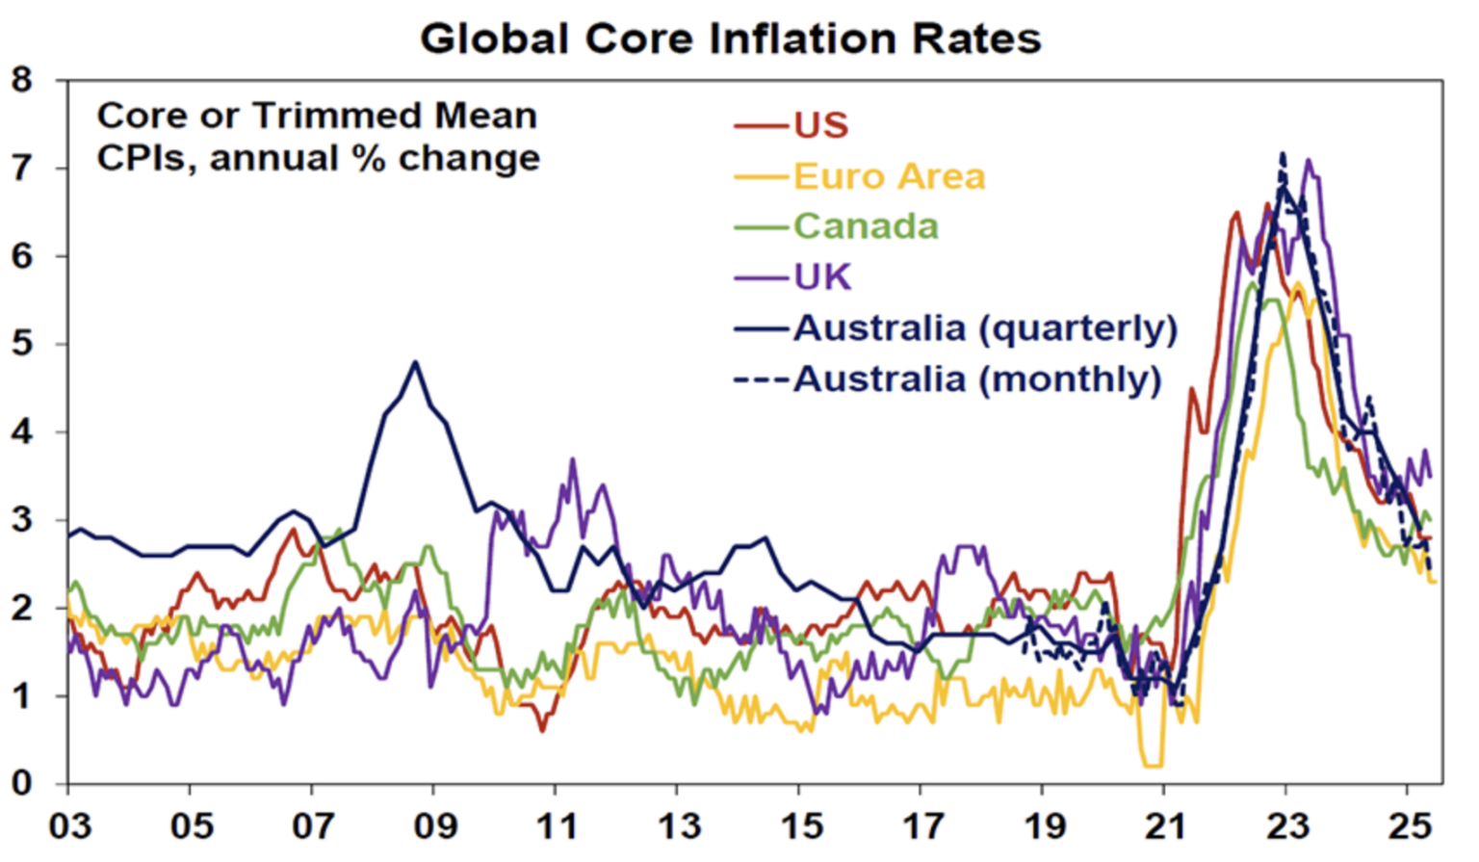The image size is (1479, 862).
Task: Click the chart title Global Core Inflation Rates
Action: click(731, 39)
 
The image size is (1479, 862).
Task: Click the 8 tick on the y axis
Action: click(22, 80)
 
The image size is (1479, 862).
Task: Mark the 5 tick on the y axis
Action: click(22, 344)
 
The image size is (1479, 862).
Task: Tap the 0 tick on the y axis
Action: click(22, 783)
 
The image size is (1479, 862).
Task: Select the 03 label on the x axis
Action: click(69, 826)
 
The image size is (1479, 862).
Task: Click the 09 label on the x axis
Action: click(434, 826)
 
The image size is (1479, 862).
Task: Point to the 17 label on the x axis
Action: click(921, 826)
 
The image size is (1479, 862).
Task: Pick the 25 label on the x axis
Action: click(1409, 826)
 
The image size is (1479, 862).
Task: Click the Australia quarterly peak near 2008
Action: click(415, 362)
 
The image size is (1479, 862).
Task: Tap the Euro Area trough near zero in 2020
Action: click(1152, 766)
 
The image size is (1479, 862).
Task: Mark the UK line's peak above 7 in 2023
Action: click(1308, 160)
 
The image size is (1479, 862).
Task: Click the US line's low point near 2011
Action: click(542, 730)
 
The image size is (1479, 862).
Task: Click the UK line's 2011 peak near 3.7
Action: click(573, 459)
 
